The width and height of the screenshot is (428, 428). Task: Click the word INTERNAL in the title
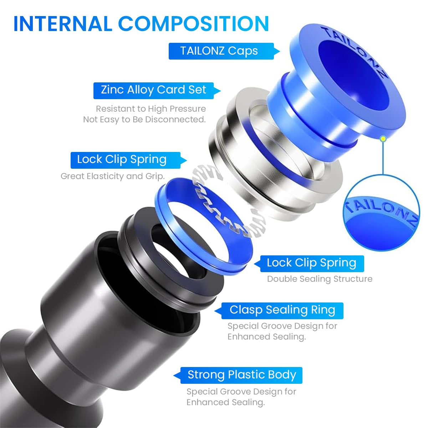[x=62, y=24]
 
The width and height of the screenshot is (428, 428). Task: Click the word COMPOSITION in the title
[x=193, y=24]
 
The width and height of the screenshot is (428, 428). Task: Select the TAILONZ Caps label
[x=219, y=51]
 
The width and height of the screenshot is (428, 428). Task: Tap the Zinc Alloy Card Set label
[x=153, y=90]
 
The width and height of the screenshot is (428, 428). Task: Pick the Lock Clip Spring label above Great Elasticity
[x=122, y=159]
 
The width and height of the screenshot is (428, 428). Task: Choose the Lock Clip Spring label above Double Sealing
[x=311, y=263]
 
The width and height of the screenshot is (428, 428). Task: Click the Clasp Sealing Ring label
[x=282, y=310]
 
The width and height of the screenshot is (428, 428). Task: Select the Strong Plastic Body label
[x=242, y=375]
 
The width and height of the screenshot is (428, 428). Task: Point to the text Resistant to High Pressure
[x=151, y=109]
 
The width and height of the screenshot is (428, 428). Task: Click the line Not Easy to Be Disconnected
[x=144, y=119]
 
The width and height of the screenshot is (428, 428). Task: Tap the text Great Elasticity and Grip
[x=112, y=176]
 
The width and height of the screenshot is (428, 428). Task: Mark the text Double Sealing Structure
[x=320, y=279]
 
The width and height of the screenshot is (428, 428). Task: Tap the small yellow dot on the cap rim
[x=383, y=139]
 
